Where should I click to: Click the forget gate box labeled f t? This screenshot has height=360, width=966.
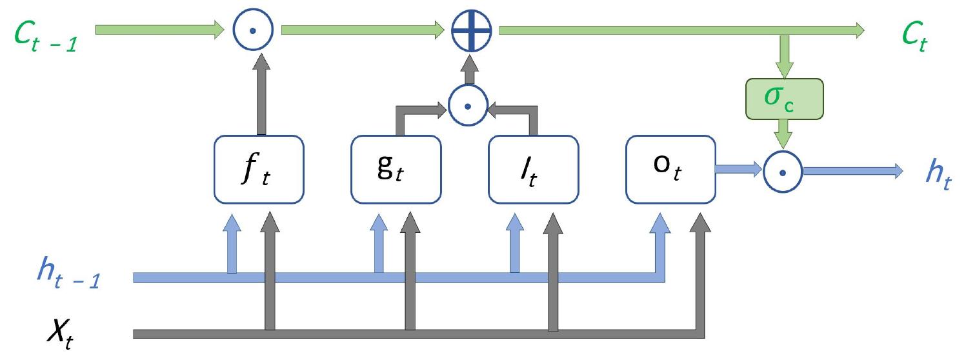[257, 168]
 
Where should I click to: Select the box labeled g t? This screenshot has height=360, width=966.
[396, 168]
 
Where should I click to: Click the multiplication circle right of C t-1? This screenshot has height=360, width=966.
[252, 30]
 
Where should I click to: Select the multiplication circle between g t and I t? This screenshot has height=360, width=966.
[468, 105]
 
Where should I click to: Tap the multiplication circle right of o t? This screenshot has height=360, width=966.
[781, 172]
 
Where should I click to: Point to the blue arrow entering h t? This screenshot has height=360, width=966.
[852, 171]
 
